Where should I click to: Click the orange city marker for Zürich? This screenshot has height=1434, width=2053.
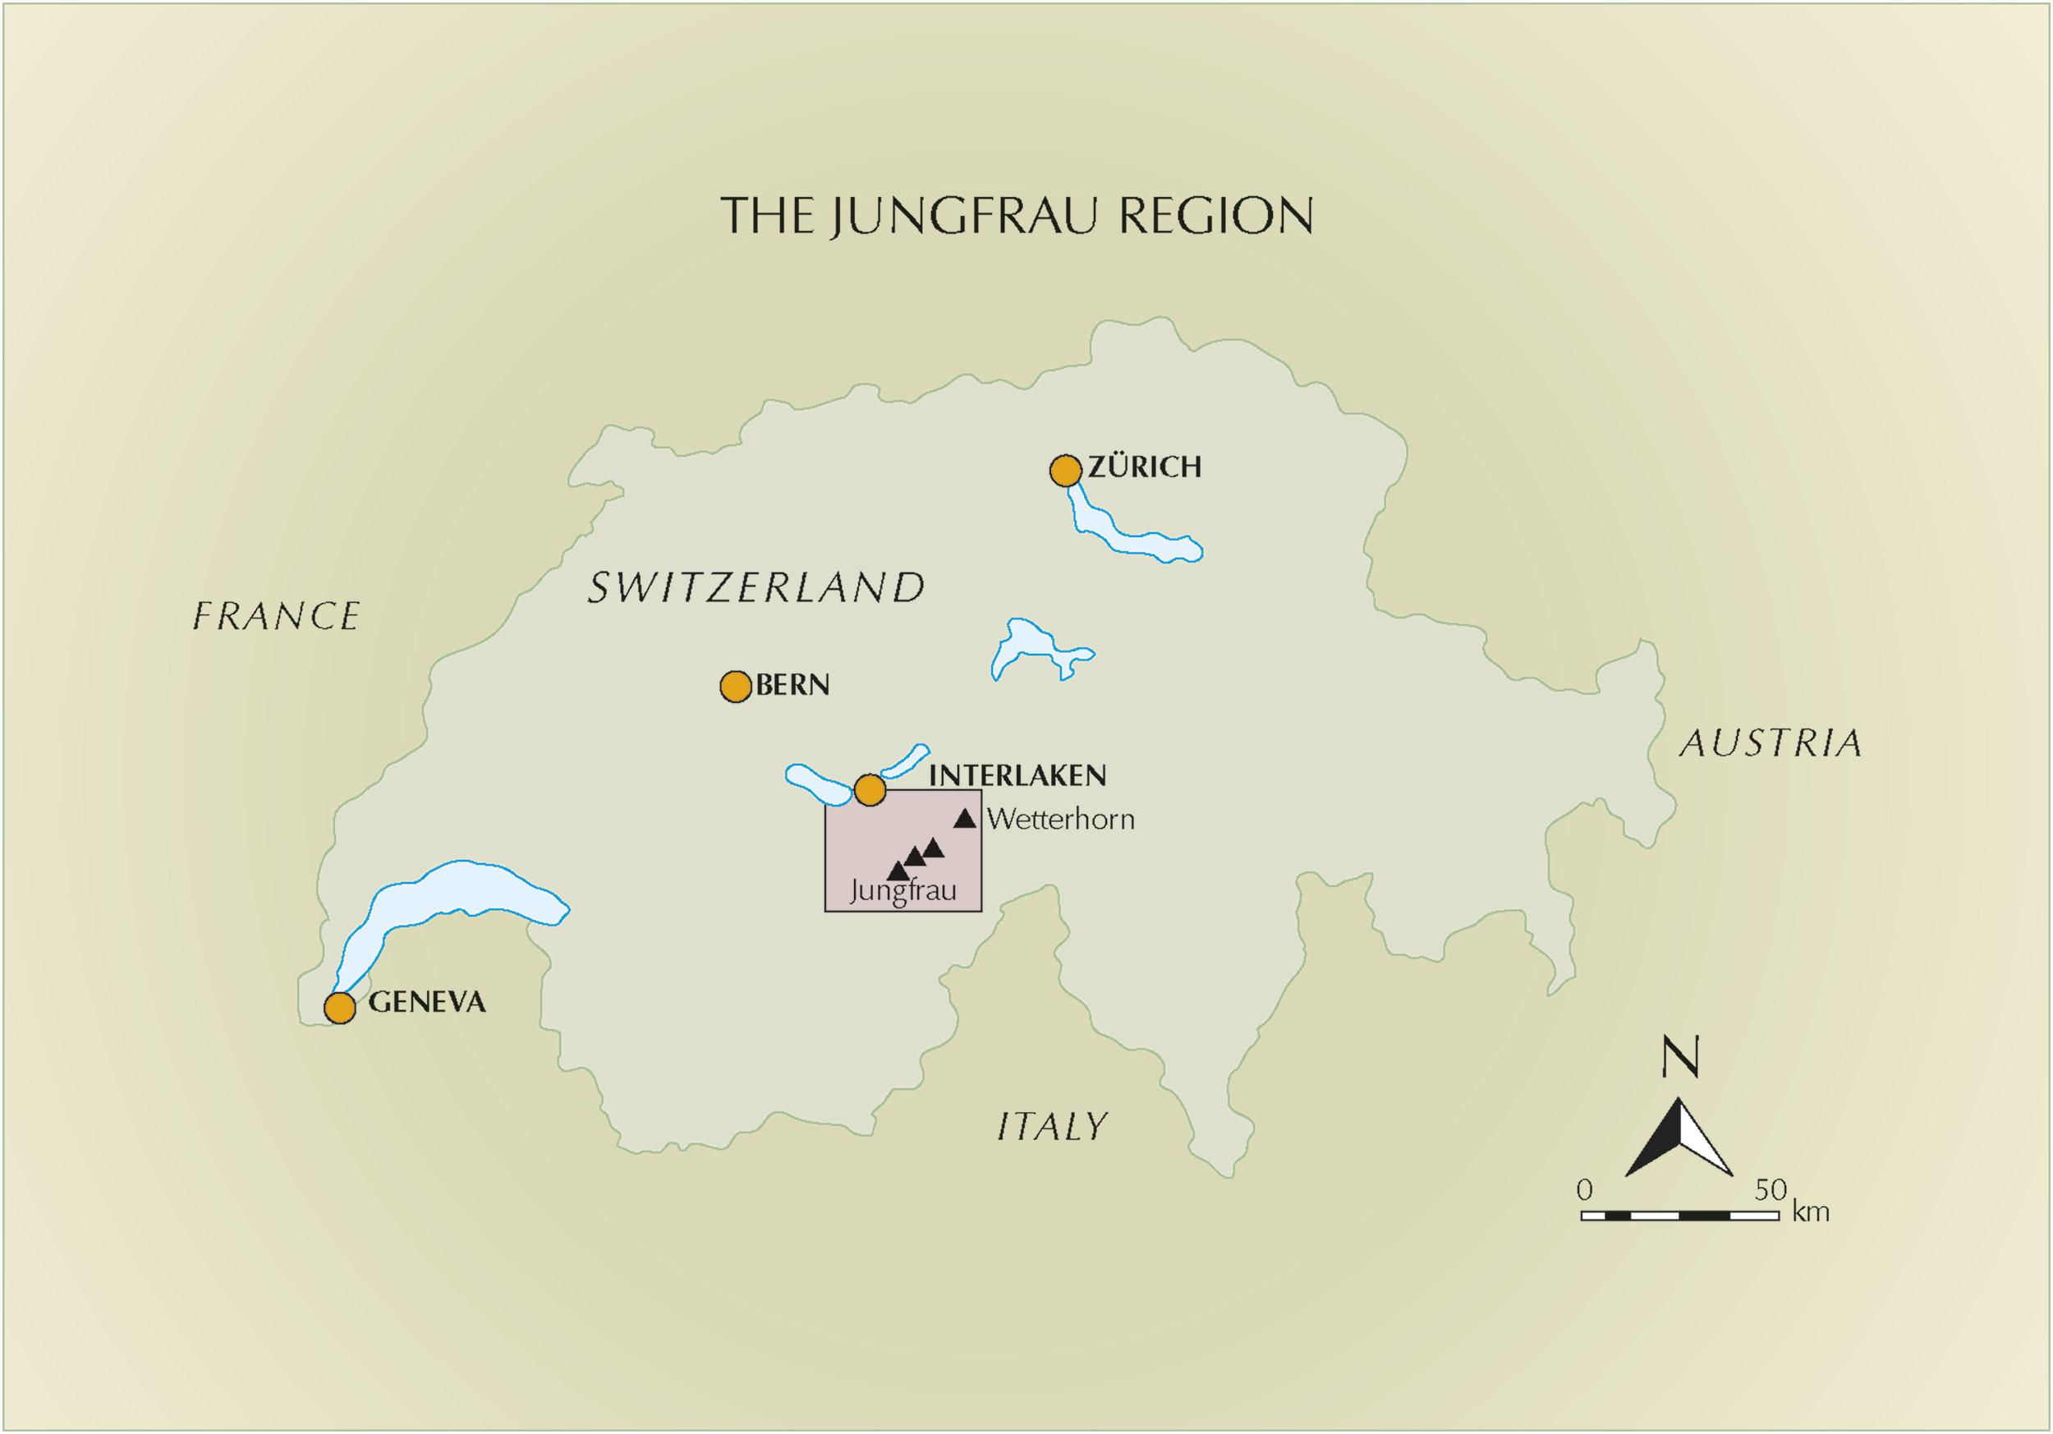click(1065, 471)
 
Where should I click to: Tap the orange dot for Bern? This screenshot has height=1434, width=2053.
click(735, 687)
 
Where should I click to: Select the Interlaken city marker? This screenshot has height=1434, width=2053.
click(869, 789)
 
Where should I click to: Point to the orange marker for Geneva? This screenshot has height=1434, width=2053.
click(340, 1008)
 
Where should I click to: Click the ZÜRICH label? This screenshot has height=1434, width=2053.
click(1144, 467)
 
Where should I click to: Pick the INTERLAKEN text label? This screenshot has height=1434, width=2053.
click(1017, 775)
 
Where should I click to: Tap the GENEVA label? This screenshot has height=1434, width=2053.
click(427, 1002)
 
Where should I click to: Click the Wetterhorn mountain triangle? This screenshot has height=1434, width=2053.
click(965, 819)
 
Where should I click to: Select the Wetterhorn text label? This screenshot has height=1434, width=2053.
click(1060, 820)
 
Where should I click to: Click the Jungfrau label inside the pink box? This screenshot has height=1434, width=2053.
click(903, 891)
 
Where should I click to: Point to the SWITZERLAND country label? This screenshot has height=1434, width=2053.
click(756, 587)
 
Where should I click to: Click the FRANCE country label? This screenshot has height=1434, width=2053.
click(276, 616)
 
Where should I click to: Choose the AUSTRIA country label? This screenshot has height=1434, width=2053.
click(1770, 744)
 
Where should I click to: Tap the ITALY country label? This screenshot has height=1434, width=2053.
click(1053, 1127)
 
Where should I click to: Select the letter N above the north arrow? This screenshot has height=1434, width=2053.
click(1679, 1059)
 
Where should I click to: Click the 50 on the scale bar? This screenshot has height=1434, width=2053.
click(1770, 1190)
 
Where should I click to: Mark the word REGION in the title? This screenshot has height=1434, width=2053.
click(1215, 215)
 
